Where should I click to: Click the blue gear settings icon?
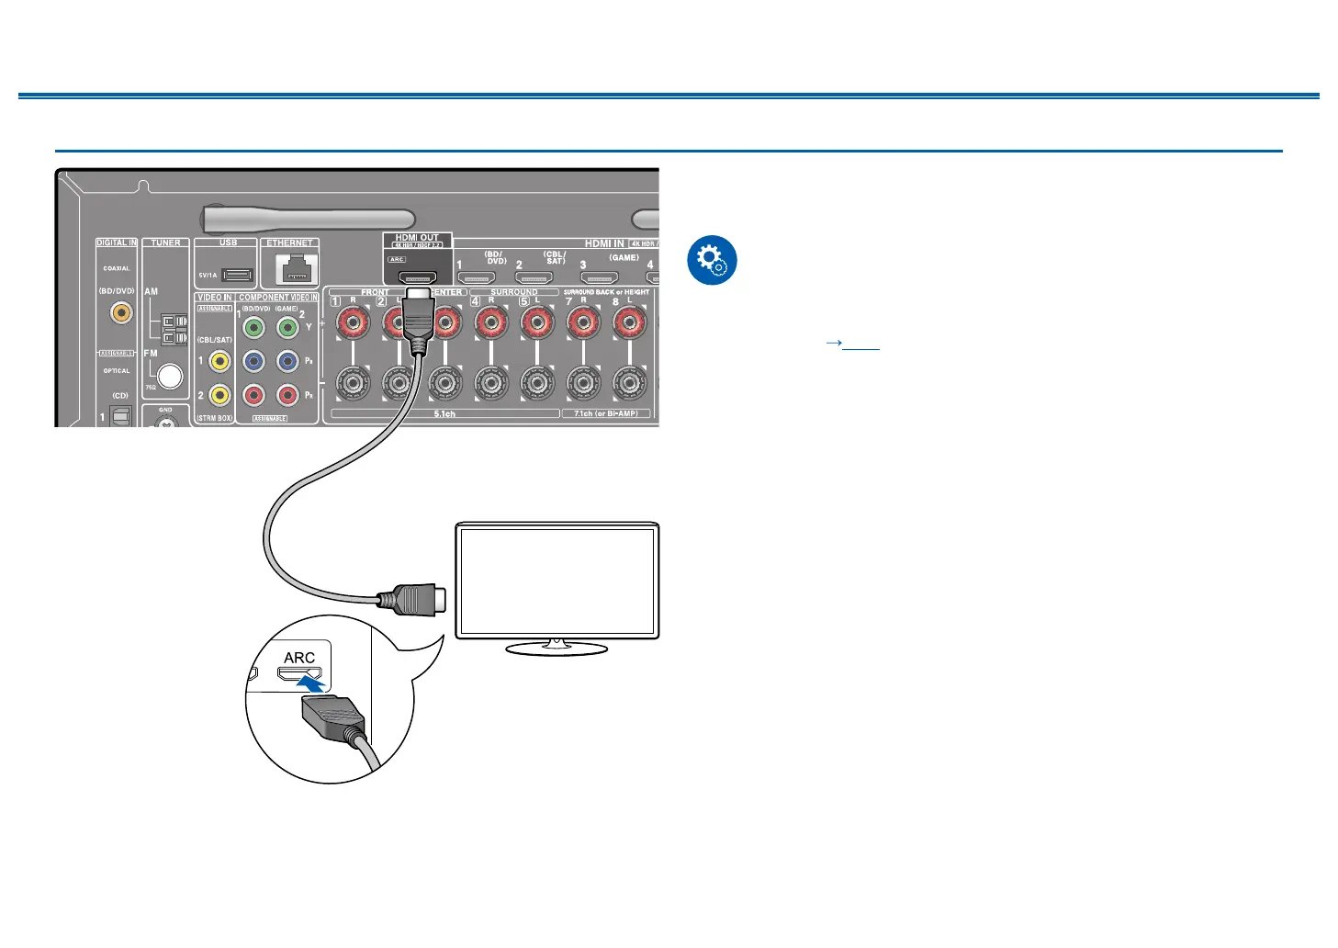point(712,260)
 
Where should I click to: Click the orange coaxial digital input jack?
point(120,312)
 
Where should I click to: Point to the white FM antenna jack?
point(169,376)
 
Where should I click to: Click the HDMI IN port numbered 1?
point(477,277)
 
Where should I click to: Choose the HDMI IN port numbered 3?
point(599,277)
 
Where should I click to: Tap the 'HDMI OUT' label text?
point(417,238)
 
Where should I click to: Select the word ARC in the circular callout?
point(299,658)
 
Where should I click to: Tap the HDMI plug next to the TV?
point(413,600)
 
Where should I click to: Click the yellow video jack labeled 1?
point(219,361)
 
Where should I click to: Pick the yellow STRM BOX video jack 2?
point(219,395)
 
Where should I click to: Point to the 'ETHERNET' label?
point(289,243)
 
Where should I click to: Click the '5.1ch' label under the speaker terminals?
point(444,414)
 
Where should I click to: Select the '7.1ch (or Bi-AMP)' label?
point(606,414)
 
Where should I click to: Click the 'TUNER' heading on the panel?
point(166,243)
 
